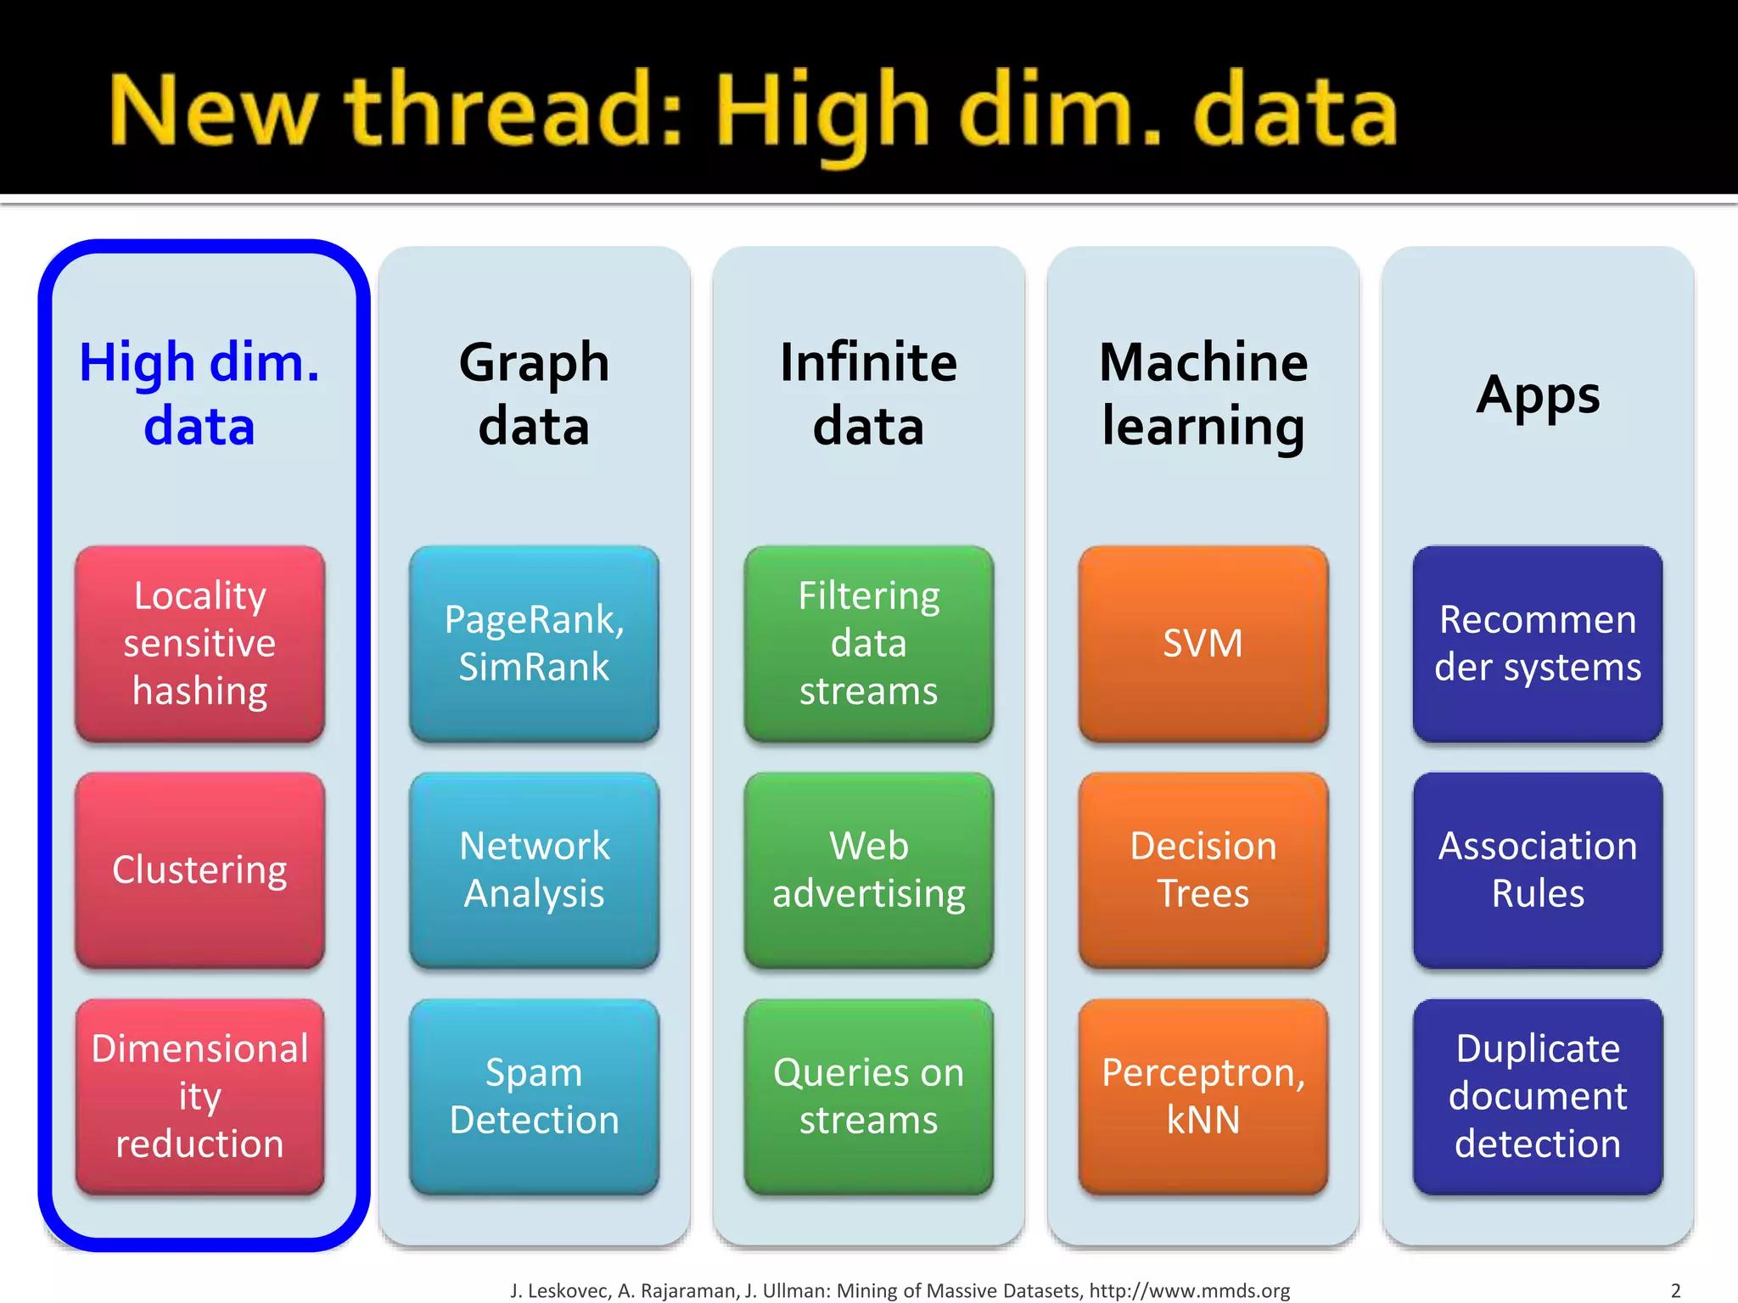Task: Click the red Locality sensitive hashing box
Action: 199,643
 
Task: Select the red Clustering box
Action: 199,870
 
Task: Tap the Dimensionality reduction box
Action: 199,1096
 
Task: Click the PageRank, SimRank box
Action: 534,643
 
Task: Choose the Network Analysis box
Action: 534,870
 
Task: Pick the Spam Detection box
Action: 534,1096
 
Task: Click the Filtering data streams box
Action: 868,643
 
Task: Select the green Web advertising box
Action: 868,870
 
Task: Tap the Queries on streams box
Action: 868,1096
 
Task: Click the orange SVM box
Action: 1203,643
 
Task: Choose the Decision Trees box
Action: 1203,870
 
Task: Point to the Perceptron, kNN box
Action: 1203,1096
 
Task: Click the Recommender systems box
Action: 1538,643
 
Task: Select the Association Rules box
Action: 1538,870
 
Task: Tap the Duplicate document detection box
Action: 1538,1096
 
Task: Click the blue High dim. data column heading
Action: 199,394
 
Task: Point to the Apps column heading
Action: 1538,395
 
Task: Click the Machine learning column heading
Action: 1203,394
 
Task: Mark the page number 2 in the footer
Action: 1675,1290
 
